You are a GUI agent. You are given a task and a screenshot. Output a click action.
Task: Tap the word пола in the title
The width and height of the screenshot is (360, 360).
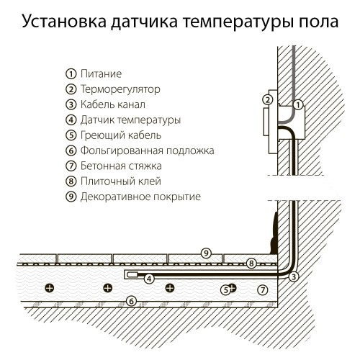pos(314,22)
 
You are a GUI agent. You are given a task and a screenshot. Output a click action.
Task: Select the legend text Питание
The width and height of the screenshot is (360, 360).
pos(101,74)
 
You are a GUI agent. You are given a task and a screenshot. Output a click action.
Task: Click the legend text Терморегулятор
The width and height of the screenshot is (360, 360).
pos(120,89)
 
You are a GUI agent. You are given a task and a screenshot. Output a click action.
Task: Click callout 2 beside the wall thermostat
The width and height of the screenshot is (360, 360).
pos(267,99)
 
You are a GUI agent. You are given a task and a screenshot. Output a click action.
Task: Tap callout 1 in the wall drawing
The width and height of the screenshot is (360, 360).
pos(297,105)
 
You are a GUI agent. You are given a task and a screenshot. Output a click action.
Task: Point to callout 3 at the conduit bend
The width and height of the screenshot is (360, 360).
pos(294,277)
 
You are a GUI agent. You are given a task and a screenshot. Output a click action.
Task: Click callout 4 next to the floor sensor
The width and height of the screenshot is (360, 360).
pos(149,278)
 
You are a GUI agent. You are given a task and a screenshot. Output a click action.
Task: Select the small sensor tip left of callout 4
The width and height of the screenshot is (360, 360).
pos(132,275)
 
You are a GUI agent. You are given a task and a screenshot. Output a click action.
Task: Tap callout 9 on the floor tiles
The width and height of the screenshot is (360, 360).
pos(206,253)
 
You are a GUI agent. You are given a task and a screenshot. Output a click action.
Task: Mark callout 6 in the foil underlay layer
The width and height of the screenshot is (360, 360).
pos(130,300)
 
